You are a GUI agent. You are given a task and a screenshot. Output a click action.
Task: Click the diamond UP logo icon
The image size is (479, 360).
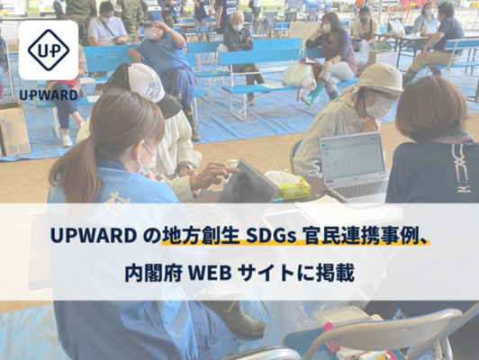click(x=49, y=50)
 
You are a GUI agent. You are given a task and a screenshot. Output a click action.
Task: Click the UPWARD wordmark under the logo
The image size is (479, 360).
click(x=49, y=95)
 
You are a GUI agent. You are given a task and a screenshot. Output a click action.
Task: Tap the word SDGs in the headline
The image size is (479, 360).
click(x=270, y=236)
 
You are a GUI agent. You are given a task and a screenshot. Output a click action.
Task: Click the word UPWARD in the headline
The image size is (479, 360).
click(x=94, y=236)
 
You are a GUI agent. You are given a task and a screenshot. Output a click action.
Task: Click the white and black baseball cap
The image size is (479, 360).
click(x=152, y=87)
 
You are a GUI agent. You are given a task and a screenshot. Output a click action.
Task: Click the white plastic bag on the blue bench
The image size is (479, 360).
click(x=298, y=74)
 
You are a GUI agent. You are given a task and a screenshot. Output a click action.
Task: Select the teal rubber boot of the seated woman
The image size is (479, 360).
click(x=312, y=94)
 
